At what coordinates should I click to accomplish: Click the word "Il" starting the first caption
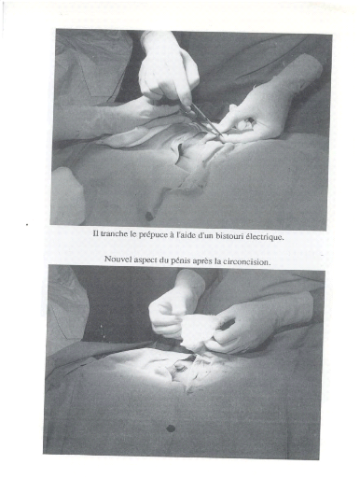(x=96, y=233)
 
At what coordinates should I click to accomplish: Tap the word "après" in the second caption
(x=202, y=260)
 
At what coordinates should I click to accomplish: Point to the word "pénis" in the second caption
(x=180, y=260)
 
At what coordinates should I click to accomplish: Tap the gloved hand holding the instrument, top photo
(x=168, y=72)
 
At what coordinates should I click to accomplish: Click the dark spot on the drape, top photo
(x=149, y=216)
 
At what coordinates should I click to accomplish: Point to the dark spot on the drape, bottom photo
(x=171, y=429)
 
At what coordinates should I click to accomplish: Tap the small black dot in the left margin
(x=28, y=224)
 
